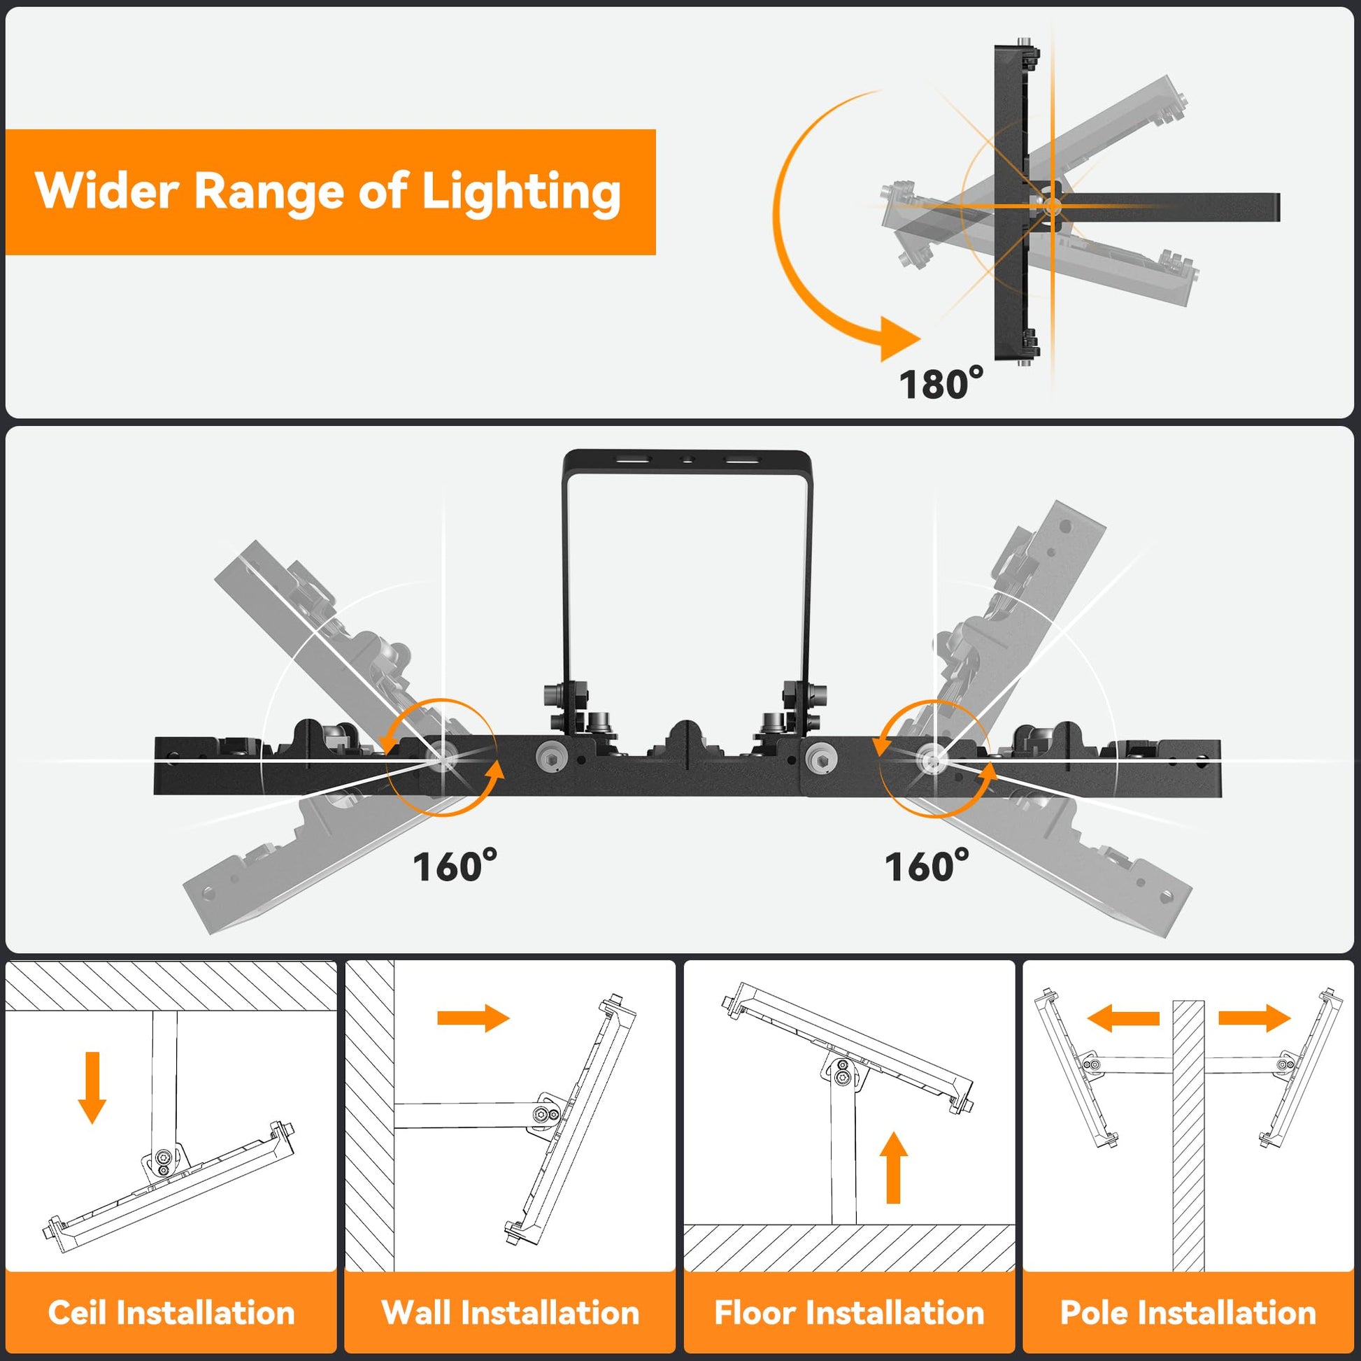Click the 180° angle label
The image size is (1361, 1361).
pos(941,383)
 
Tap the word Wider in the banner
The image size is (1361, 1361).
pos(106,191)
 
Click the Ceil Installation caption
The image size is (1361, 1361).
pos(171,1312)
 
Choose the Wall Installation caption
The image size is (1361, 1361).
pos(510,1312)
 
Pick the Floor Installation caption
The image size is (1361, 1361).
pos(849,1312)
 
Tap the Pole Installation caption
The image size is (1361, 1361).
pos(1188,1312)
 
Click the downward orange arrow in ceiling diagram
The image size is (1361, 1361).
pos(92,1087)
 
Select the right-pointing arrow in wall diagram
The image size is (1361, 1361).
pos(473,1018)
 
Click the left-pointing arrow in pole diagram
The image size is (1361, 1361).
pos(1123,1018)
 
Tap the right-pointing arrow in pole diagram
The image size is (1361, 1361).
pos(1255,1018)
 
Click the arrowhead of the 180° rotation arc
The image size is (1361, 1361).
pos(899,339)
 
